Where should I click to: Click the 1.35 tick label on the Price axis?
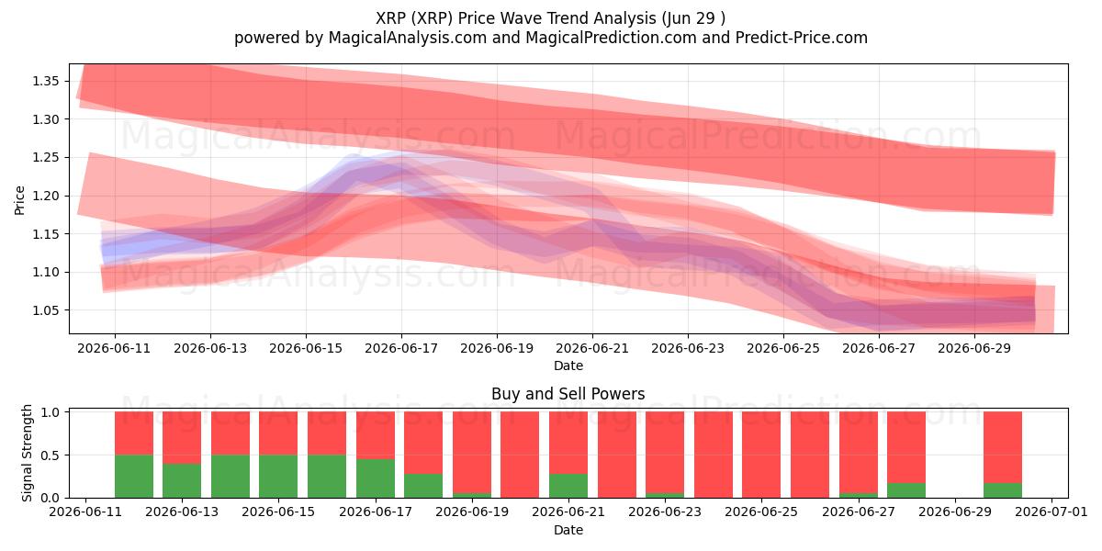(46, 81)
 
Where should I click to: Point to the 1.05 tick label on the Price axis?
(46, 310)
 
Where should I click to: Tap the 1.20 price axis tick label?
(46, 196)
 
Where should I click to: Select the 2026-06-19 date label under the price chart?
(497, 348)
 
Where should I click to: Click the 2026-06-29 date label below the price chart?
(974, 348)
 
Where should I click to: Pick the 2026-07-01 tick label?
(1051, 512)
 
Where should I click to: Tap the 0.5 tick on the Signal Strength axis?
(50, 455)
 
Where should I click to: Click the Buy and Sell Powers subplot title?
(568, 394)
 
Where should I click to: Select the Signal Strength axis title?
(27, 453)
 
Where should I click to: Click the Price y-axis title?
(19, 200)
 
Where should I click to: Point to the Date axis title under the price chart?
(568, 365)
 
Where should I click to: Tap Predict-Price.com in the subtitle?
(802, 38)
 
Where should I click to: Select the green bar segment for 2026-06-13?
(182, 480)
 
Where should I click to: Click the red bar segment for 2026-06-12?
(134, 433)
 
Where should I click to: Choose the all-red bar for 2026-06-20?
(520, 455)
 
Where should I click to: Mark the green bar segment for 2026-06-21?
(568, 486)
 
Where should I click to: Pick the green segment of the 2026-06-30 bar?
(1003, 490)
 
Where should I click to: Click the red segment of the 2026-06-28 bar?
(906, 447)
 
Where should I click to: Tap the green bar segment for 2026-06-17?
(376, 478)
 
